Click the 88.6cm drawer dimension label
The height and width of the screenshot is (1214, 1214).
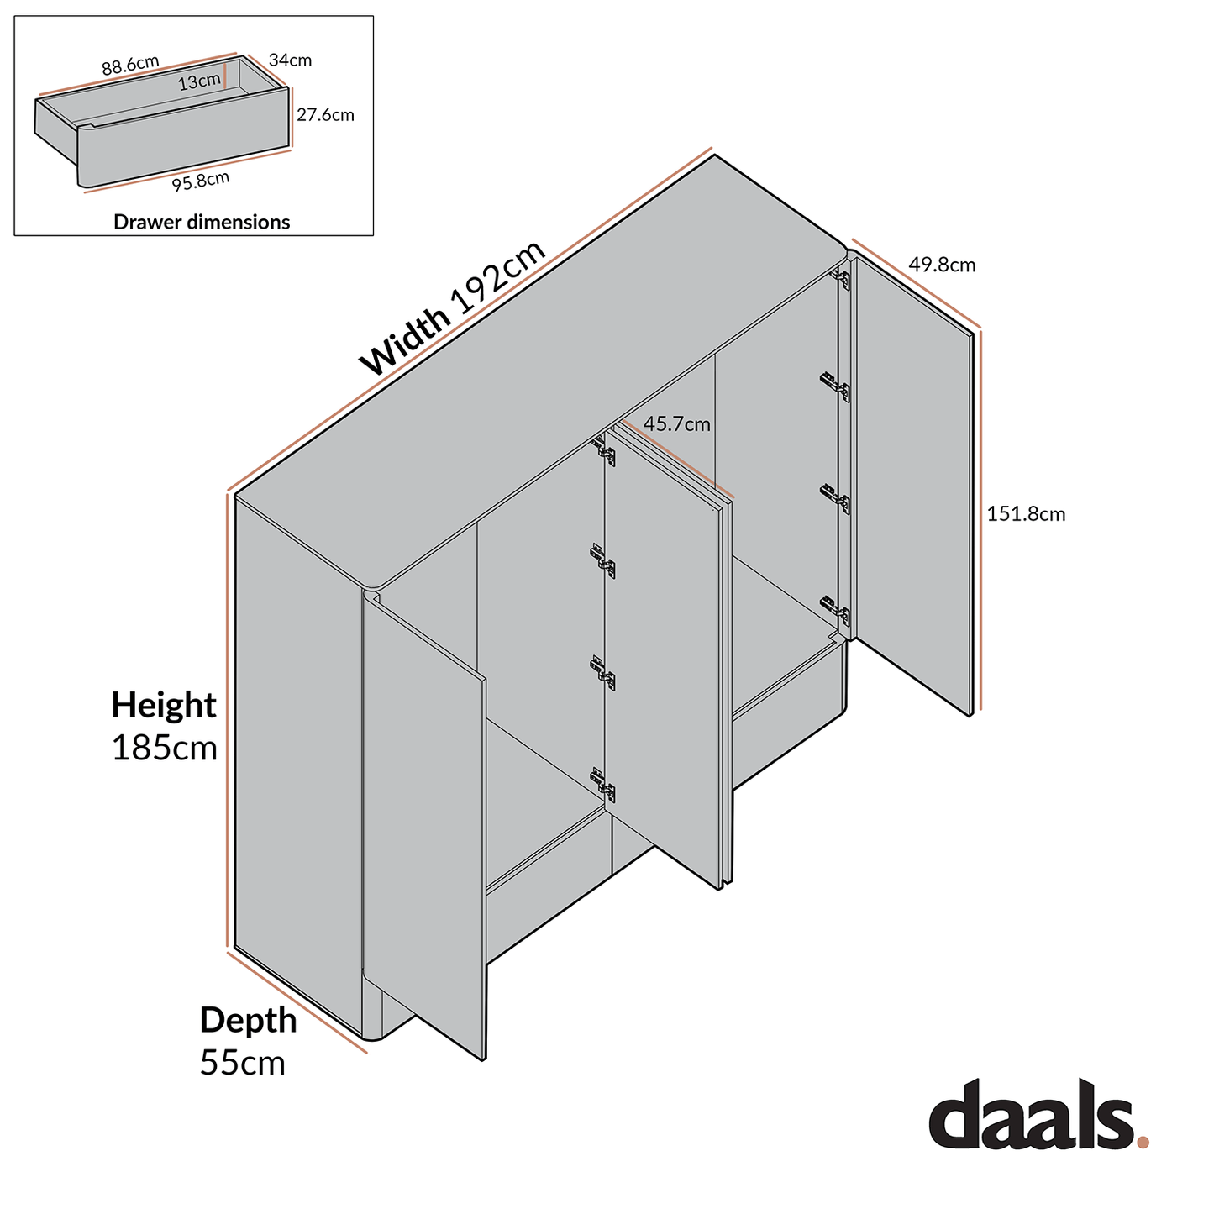130,65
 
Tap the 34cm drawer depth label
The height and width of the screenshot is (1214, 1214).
290,60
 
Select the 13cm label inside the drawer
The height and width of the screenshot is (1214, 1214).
199,81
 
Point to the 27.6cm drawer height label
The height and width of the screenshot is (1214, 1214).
325,114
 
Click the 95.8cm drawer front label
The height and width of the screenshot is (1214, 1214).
201,181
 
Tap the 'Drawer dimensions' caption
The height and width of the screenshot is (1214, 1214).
202,222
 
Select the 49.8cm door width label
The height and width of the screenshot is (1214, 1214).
942,265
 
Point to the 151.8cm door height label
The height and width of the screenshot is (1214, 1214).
1026,513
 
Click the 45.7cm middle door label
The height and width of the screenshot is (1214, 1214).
676,424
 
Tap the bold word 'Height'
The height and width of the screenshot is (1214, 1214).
164,704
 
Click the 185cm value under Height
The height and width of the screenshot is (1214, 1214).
165,747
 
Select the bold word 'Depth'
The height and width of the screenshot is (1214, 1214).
248,1020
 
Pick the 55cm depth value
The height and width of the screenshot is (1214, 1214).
243,1063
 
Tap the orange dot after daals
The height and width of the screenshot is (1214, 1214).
1143,1142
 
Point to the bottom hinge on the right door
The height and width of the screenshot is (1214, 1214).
837,610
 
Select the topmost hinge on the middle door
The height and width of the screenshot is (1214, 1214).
604,450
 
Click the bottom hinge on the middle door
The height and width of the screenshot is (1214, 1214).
604,785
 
